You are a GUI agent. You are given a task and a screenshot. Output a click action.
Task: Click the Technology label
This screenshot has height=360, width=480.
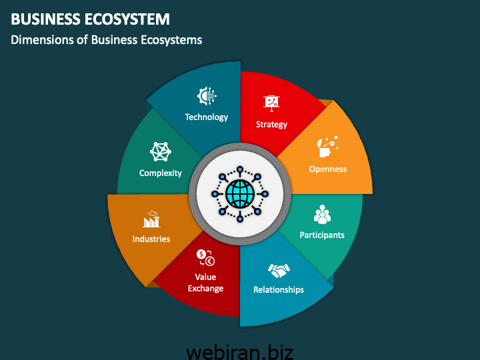tap(207, 117)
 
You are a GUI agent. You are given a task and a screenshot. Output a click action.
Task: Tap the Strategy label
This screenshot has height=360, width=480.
tap(272, 125)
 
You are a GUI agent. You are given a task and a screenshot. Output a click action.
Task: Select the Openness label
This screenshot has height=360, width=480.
tap(328, 169)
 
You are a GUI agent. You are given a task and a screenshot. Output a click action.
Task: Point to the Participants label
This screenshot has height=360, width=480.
tap(322, 235)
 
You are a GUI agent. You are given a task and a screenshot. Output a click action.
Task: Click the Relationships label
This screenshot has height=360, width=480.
tap(279, 290)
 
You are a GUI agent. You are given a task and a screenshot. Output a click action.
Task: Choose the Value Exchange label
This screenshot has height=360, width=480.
tap(205, 283)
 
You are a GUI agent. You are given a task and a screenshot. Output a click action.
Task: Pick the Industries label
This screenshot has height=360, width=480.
tap(151, 239)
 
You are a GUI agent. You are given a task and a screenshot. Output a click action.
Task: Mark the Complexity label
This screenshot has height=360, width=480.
tap(161, 173)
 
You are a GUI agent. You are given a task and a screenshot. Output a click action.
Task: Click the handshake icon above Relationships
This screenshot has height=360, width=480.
tap(279, 270)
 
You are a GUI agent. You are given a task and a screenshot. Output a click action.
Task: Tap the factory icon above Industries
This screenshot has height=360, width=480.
tap(151, 219)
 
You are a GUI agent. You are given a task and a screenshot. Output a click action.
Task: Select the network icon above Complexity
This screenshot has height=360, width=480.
tap(161, 152)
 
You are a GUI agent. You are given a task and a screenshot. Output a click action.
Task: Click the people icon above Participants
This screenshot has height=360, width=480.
tap(322, 215)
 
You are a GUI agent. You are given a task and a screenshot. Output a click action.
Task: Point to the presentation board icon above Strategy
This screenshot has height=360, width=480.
tap(272, 102)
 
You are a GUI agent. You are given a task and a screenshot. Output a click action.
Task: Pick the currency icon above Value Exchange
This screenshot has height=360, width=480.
tap(205, 257)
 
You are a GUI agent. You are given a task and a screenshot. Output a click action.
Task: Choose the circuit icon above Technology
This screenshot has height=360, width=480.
tap(207, 97)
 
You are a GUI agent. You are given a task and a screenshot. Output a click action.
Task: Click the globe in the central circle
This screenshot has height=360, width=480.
tap(240, 194)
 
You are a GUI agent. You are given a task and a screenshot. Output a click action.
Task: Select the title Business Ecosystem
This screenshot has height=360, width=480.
tap(90, 19)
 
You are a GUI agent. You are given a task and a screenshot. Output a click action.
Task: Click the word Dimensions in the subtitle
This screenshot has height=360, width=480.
tap(39, 40)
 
